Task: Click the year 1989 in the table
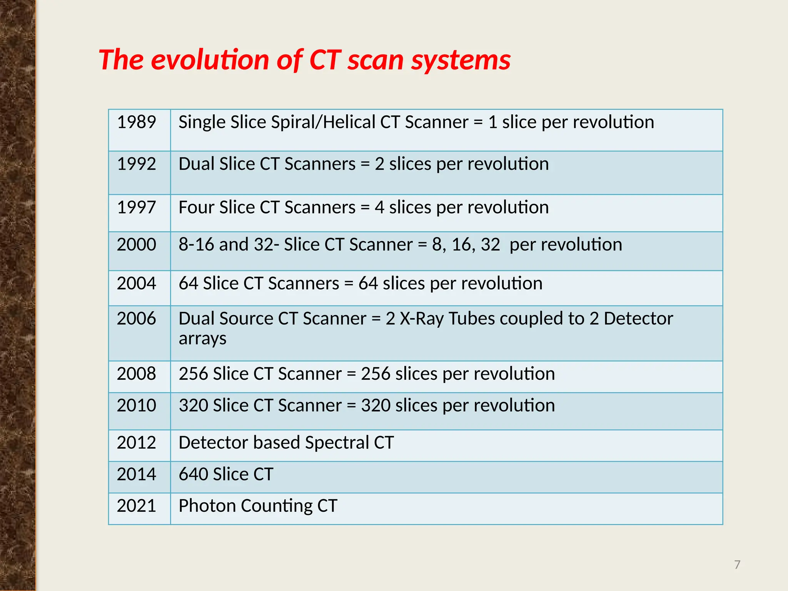[x=136, y=122]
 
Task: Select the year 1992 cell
[x=136, y=164]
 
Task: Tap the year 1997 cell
[x=136, y=208]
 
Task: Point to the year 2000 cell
[x=136, y=245]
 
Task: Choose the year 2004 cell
[x=136, y=284]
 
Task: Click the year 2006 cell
[x=136, y=319]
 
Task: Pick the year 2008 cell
[x=136, y=374]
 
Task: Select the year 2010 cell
[x=136, y=406]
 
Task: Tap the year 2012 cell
[x=136, y=443]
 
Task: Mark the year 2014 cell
[x=136, y=474]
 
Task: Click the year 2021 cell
[x=136, y=506]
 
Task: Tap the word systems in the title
[x=461, y=61]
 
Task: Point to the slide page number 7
[x=737, y=565]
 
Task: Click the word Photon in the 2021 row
[x=207, y=506]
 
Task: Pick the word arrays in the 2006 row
[x=202, y=339]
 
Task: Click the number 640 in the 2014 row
[x=194, y=474]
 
